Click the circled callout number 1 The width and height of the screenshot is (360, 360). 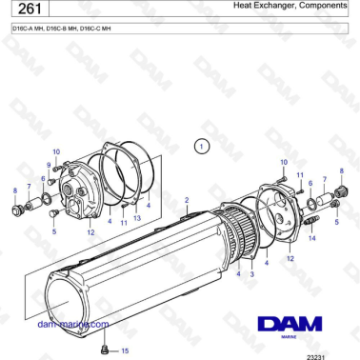(201, 147)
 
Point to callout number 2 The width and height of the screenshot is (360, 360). (188, 199)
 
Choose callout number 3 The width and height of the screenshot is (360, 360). (250, 273)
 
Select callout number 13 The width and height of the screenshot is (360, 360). (137, 218)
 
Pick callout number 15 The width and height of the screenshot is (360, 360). (123, 350)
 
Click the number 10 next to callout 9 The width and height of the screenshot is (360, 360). (56, 152)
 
